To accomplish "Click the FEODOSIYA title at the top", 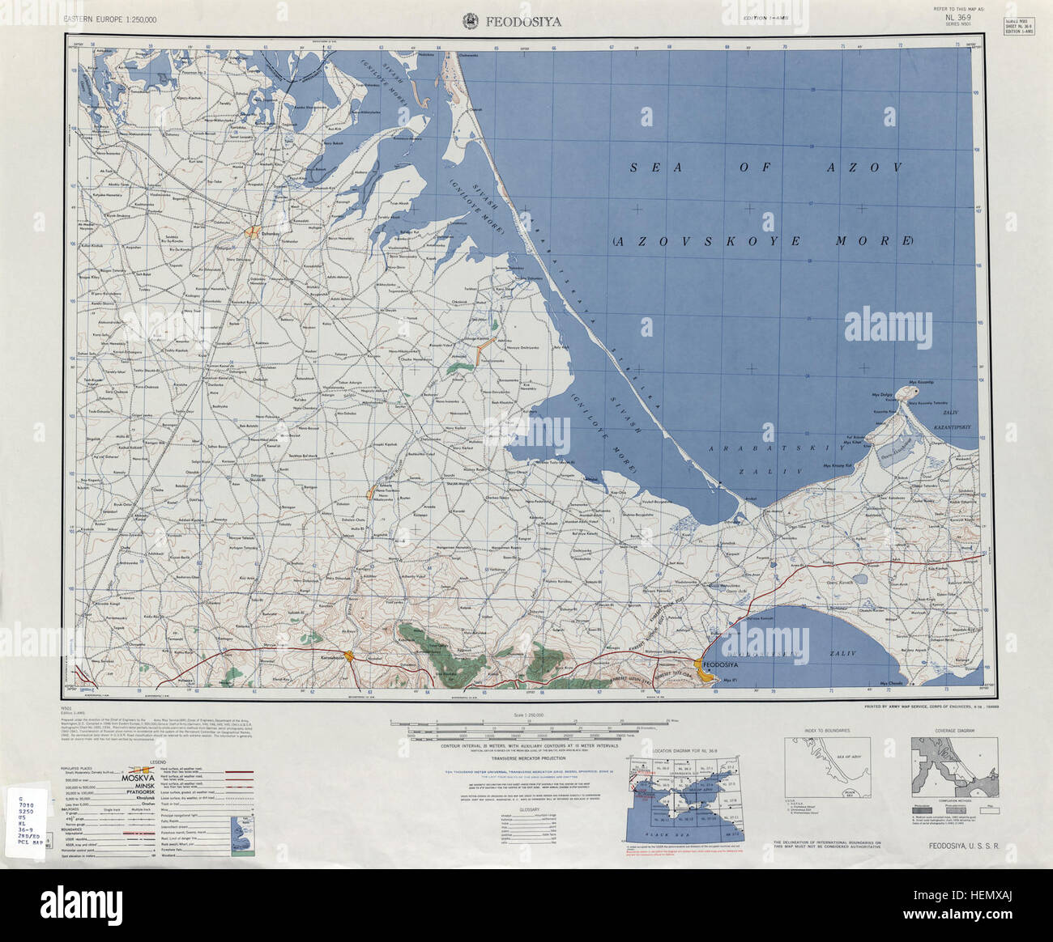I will click(524, 21).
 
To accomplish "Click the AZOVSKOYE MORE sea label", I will click(762, 241).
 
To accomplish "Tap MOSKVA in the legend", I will click(149, 773).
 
